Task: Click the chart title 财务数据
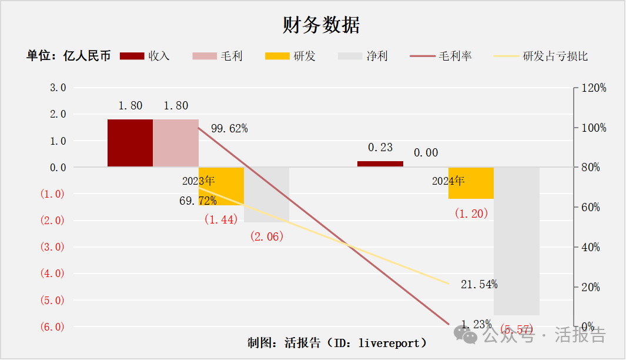tap(321, 25)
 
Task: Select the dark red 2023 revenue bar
tap(130, 143)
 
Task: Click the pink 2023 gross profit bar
tap(176, 143)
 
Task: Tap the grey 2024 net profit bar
tap(516, 241)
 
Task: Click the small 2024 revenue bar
tap(380, 164)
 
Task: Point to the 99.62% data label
tap(229, 128)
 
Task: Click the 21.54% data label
tap(479, 285)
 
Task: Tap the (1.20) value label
tap(471, 214)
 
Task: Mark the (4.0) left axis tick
tap(52, 274)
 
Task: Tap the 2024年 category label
tap(448, 181)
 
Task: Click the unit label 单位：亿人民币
tap(68, 56)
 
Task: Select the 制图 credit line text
tap(337, 342)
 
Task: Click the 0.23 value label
tap(380, 148)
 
